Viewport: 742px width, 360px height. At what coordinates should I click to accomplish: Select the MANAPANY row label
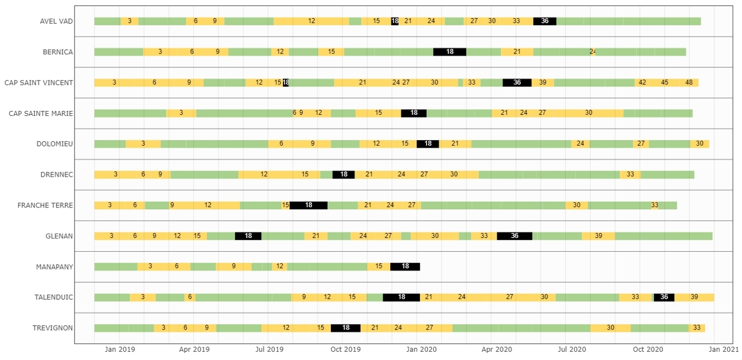(x=55, y=267)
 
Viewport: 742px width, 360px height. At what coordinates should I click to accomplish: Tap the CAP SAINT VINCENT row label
(x=39, y=83)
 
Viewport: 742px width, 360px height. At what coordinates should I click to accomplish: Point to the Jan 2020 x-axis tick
(x=421, y=350)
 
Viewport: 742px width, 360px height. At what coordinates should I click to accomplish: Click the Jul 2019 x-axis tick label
(x=270, y=350)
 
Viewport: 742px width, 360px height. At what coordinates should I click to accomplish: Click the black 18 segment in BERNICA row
(x=450, y=52)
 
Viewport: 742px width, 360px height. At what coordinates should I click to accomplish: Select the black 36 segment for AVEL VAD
(x=545, y=21)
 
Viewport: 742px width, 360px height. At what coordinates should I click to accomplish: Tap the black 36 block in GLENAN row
(x=514, y=236)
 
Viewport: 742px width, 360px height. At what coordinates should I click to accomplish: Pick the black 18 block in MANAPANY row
(x=405, y=266)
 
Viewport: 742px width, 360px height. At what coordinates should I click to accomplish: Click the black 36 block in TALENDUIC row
(x=664, y=297)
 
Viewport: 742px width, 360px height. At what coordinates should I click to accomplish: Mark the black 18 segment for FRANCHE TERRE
(x=308, y=205)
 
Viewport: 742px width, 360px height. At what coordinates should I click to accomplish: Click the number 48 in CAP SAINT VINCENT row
(x=689, y=82)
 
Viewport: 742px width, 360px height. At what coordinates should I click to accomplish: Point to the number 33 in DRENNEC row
(x=630, y=174)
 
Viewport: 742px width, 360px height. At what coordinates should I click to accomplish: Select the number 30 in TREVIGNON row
(x=611, y=327)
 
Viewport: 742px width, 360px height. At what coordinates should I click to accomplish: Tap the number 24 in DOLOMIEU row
(x=580, y=144)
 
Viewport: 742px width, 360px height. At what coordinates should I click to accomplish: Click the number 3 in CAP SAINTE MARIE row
(x=181, y=113)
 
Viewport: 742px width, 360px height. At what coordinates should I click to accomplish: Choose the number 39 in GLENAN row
(x=598, y=236)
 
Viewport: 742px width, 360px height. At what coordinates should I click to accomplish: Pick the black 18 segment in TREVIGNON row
(x=346, y=327)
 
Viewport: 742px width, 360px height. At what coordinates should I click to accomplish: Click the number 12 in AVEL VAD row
(x=312, y=21)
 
